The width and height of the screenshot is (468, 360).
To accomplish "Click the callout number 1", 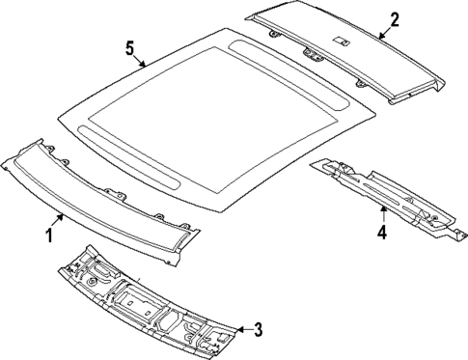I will pyautogui.click(x=49, y=235).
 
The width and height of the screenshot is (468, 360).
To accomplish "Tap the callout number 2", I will pyautogui.click(x=394, y=18).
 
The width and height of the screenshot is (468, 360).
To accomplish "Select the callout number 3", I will pyautogui.click(x=257, y=330).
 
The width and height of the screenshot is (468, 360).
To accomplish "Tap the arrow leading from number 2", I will pyautogui.click(x=383, y=29).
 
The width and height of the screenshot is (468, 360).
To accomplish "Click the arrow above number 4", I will pyautogui.click(x=382, y=214).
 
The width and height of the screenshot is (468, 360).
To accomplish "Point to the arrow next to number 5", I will pyautogui.click(x=140, y=60).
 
